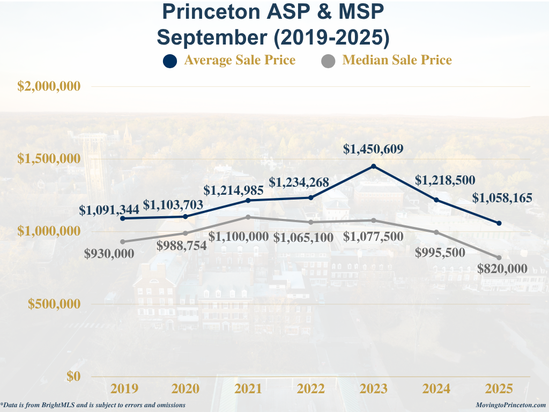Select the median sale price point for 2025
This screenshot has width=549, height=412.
(499, 258)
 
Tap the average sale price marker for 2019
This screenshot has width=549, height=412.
(123, 218)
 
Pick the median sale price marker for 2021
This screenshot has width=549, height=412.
(248, 217)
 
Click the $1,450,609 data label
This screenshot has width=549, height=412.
(374, 149)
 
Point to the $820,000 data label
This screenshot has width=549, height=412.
(502, 269)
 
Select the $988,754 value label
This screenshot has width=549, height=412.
(182, 246)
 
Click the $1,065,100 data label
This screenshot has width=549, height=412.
(303, 237)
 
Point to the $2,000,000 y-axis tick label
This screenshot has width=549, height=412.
(49, 86)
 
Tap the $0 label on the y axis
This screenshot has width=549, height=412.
(74, 376)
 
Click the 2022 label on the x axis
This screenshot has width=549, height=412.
(311, 389)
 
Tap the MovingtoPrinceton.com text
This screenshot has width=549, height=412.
(510, 406)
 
